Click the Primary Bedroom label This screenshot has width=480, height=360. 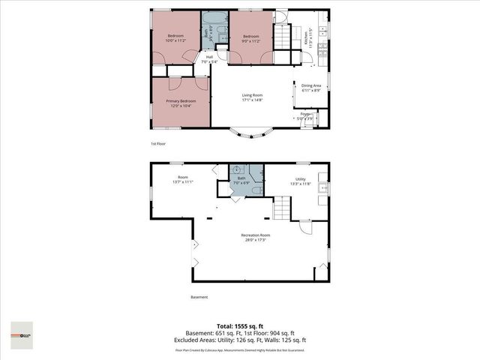[181, 100]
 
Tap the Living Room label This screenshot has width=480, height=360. [251, 95]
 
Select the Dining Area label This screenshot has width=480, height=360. [311, 86]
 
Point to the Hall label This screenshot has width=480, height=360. [210, 57]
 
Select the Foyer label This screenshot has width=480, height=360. [305, 114]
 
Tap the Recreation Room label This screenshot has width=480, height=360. [255, 235]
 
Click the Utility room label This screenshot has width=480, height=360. [299, 179]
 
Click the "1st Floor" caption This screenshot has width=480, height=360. [157, 142]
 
